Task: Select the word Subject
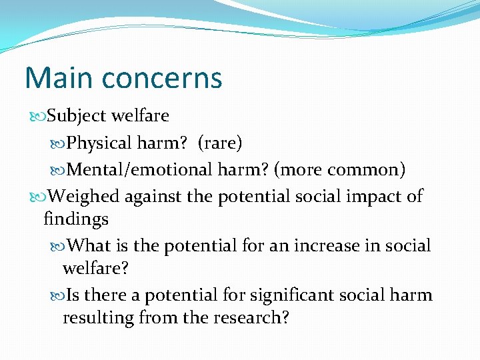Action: click(x=77, y=116)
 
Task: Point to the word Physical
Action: click(x=99, y=143)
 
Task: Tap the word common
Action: click(x=369, y=170)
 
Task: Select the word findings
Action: click(x=76, y=219)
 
